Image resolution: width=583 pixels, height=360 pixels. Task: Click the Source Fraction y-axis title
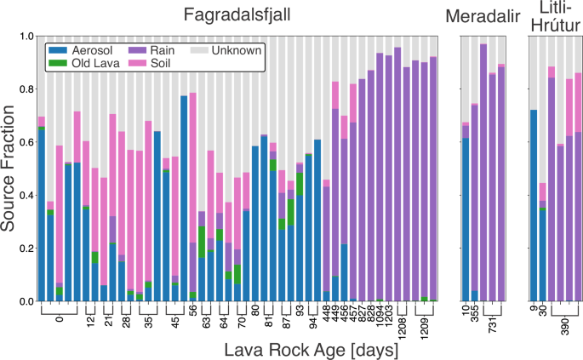(x=11, y=169)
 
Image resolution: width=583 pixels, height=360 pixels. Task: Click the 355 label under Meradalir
(x=475, y=315)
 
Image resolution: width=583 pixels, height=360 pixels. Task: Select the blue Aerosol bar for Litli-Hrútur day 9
(x=534, y=205)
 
